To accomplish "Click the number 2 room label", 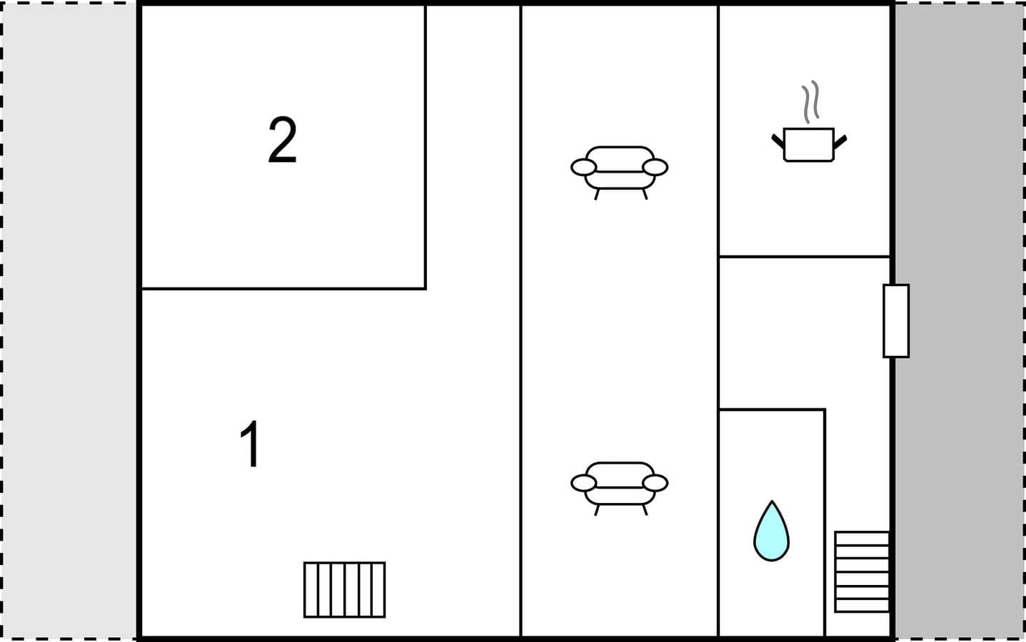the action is point(282,140).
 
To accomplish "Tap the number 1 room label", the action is point(251,444).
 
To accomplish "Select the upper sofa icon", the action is point(619,173).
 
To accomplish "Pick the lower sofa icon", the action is point(619,488).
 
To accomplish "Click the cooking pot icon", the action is point(809,145).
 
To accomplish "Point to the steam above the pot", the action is point(810,101).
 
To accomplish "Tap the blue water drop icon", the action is point(772,531).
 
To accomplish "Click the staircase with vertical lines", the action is point(344,590).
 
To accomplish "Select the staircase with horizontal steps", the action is point(862,571).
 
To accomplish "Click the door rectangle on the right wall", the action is point(896,321).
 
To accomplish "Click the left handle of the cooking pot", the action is point(778,141).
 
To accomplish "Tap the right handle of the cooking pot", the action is point(840,142).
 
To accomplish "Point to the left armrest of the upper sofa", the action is point(583,168).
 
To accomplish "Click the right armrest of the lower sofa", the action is point(655,483).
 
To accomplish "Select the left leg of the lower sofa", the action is point(597,510).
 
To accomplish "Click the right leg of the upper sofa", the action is point(645,195).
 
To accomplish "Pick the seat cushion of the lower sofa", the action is point(620,496).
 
